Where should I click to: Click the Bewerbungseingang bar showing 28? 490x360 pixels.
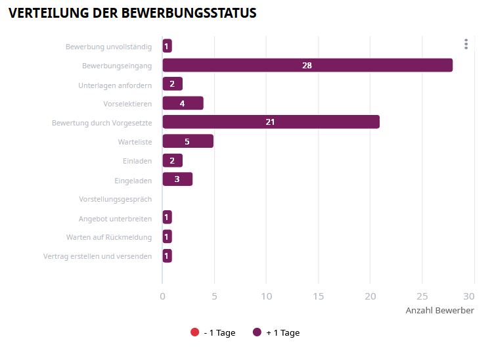point(307,65)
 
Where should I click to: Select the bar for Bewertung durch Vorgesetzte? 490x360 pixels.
point(271,122)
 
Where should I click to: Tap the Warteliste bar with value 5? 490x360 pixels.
point(187,141)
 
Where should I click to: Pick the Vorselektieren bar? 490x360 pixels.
point(183,103)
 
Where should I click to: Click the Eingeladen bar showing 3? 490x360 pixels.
point(177,179)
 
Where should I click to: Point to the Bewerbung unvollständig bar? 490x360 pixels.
point(167,46)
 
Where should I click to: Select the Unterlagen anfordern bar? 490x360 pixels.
point(172,84)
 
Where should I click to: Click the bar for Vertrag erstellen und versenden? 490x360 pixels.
point(167,256)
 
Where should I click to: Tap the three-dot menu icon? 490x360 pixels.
point(466,44)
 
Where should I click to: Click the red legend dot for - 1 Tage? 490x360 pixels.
point(194,332)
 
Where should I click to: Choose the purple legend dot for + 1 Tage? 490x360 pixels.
point(257,332)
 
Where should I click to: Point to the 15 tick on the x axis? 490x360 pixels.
point(318,296)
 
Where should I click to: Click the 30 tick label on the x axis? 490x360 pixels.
point(469,296)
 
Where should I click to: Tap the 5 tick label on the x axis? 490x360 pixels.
point(214,296)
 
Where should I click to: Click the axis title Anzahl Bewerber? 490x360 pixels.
point(439,311)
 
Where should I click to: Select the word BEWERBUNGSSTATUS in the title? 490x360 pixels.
point(190,13)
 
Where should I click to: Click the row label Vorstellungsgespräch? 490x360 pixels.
point(116,199)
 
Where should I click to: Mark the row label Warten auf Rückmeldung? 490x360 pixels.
point(109,237)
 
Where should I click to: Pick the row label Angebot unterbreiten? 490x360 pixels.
point(116,218)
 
